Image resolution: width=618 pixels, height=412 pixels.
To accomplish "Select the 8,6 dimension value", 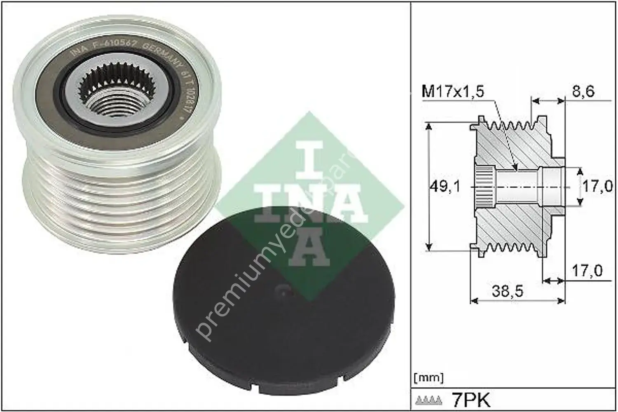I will (x=583, y=91).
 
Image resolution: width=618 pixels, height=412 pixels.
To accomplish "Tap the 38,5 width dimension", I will (x=507, y=291).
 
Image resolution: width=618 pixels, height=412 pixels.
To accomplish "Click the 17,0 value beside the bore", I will (x=597, y=187).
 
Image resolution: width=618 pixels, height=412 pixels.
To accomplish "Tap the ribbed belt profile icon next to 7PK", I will (x=430, y=400).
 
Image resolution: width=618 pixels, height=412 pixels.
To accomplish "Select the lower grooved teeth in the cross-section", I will (x=511, y=248).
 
